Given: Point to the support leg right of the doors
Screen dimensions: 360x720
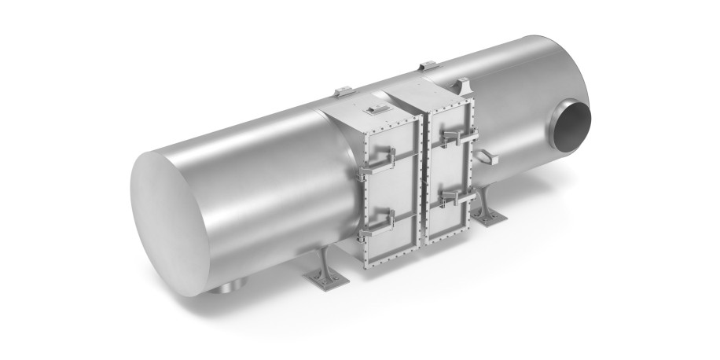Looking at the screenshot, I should click(488, 208).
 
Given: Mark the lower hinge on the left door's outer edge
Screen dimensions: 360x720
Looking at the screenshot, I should click(364, 234).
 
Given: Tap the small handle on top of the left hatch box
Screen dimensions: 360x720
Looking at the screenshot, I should click(376, 104).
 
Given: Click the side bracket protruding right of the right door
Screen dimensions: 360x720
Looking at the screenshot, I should click(487, 157).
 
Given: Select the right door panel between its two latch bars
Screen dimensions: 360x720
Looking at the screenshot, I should click(448, 169).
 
